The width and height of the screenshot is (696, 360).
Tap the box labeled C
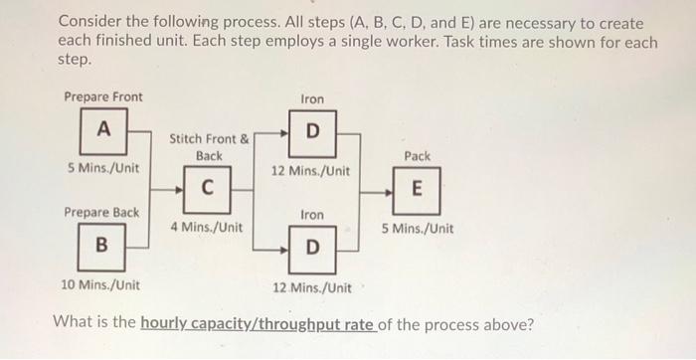[207, 188]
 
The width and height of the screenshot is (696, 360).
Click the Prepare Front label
[102, 96]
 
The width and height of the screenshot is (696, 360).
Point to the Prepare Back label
[101, 213]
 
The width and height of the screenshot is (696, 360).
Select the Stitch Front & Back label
[209, 147]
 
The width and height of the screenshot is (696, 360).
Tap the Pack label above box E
[418, 156]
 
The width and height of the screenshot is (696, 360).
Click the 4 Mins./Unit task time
[206, 228]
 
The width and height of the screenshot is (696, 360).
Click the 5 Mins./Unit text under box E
[418, 228]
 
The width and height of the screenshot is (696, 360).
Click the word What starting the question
[74, 323]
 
